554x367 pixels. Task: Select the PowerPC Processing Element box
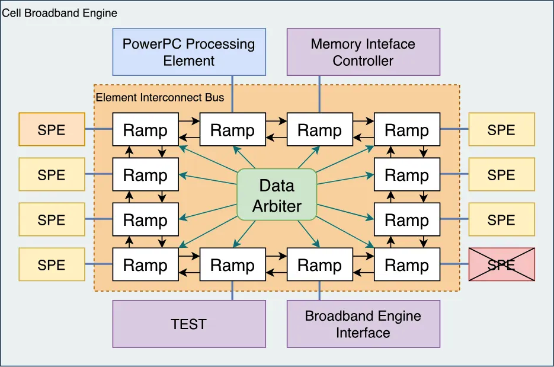tap(189, 52)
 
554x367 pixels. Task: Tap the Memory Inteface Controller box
tap(363, 52)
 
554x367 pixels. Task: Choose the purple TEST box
tap(189, 324)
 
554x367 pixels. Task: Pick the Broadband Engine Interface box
tap(363, 324)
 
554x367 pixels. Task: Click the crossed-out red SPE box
tap(501, 265)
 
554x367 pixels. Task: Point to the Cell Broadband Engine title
tap(60, 12)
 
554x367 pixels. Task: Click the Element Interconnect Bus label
tap(160, 97)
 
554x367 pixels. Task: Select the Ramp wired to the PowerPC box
tap(232, 130)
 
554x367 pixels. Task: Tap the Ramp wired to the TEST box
tap(232, 265)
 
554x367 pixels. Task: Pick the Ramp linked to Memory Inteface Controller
tap(319, 130)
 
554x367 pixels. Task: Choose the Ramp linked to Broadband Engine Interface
tap(319, 265)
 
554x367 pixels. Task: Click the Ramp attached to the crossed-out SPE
tap(406, 265)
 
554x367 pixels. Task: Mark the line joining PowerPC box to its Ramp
tap(232, 95)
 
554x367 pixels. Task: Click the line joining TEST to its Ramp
tap(232, 291)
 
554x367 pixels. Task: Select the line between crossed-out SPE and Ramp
tap(454, 265)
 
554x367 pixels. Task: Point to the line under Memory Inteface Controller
tap(319, 95)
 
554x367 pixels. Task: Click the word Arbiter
tap(277, 206)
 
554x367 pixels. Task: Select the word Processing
tap(220, 44)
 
